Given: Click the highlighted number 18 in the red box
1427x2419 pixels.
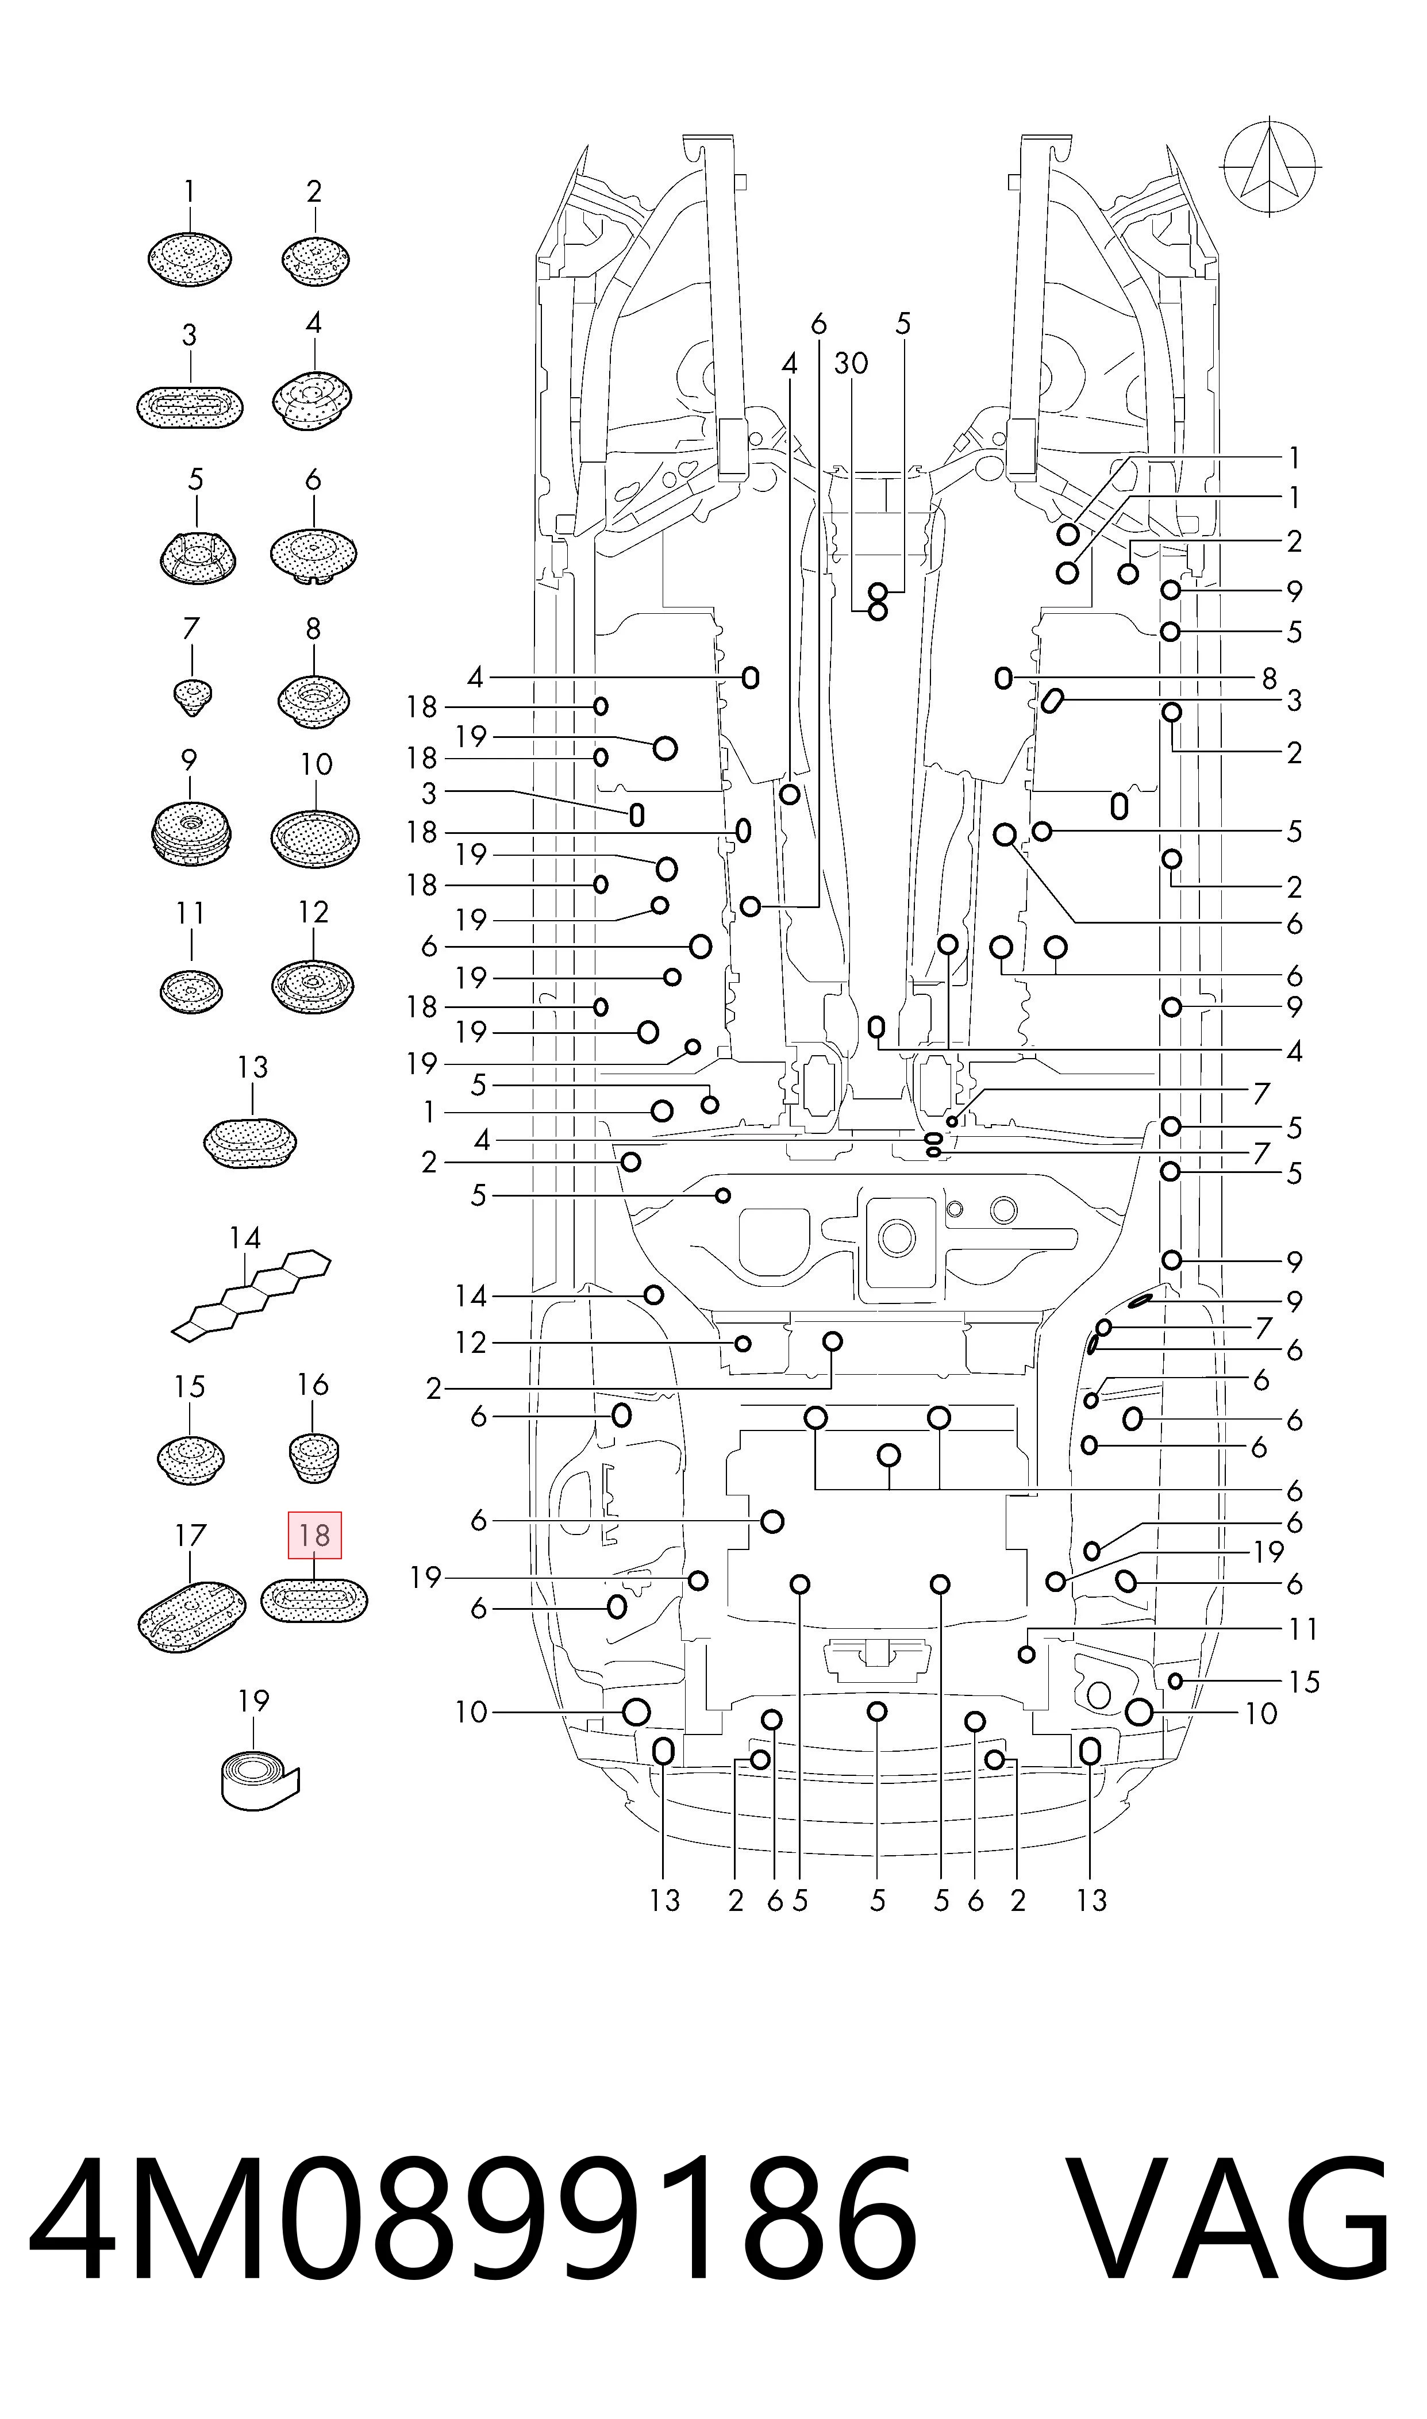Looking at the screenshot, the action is [314, 1536].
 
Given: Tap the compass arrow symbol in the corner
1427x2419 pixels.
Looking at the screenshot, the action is [1270, 166].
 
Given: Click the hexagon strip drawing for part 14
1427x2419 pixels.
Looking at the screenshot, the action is [251, 1294].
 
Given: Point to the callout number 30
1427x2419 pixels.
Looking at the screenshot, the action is [851, 363].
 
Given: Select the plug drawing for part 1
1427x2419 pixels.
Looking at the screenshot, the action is [190, 257].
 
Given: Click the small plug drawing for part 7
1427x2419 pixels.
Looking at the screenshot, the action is [193, 695].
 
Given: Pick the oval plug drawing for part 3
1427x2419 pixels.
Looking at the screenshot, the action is [190, 407].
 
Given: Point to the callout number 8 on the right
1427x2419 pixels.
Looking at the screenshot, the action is [1270, 679].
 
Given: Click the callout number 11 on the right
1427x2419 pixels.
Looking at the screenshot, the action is [1303, 1629].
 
